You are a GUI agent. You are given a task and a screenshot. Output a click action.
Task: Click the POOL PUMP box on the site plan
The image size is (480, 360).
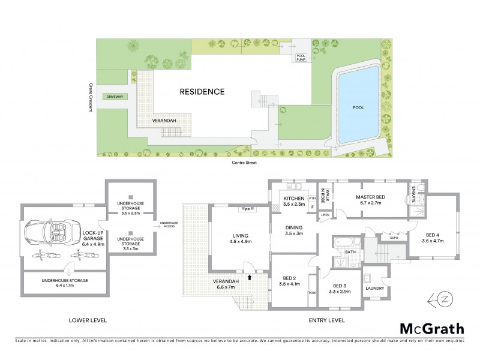pos(300,57)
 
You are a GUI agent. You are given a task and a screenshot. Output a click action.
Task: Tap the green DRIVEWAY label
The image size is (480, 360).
pos(112,97)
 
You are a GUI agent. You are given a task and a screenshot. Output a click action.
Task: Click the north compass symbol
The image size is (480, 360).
pos(445,299)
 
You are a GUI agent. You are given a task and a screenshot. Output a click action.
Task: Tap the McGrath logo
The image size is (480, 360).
pos(431,328)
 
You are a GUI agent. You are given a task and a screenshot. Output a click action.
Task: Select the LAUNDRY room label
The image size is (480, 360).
pos(374,289)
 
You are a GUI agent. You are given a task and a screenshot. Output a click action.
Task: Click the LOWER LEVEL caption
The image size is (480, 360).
pos(88,320)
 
